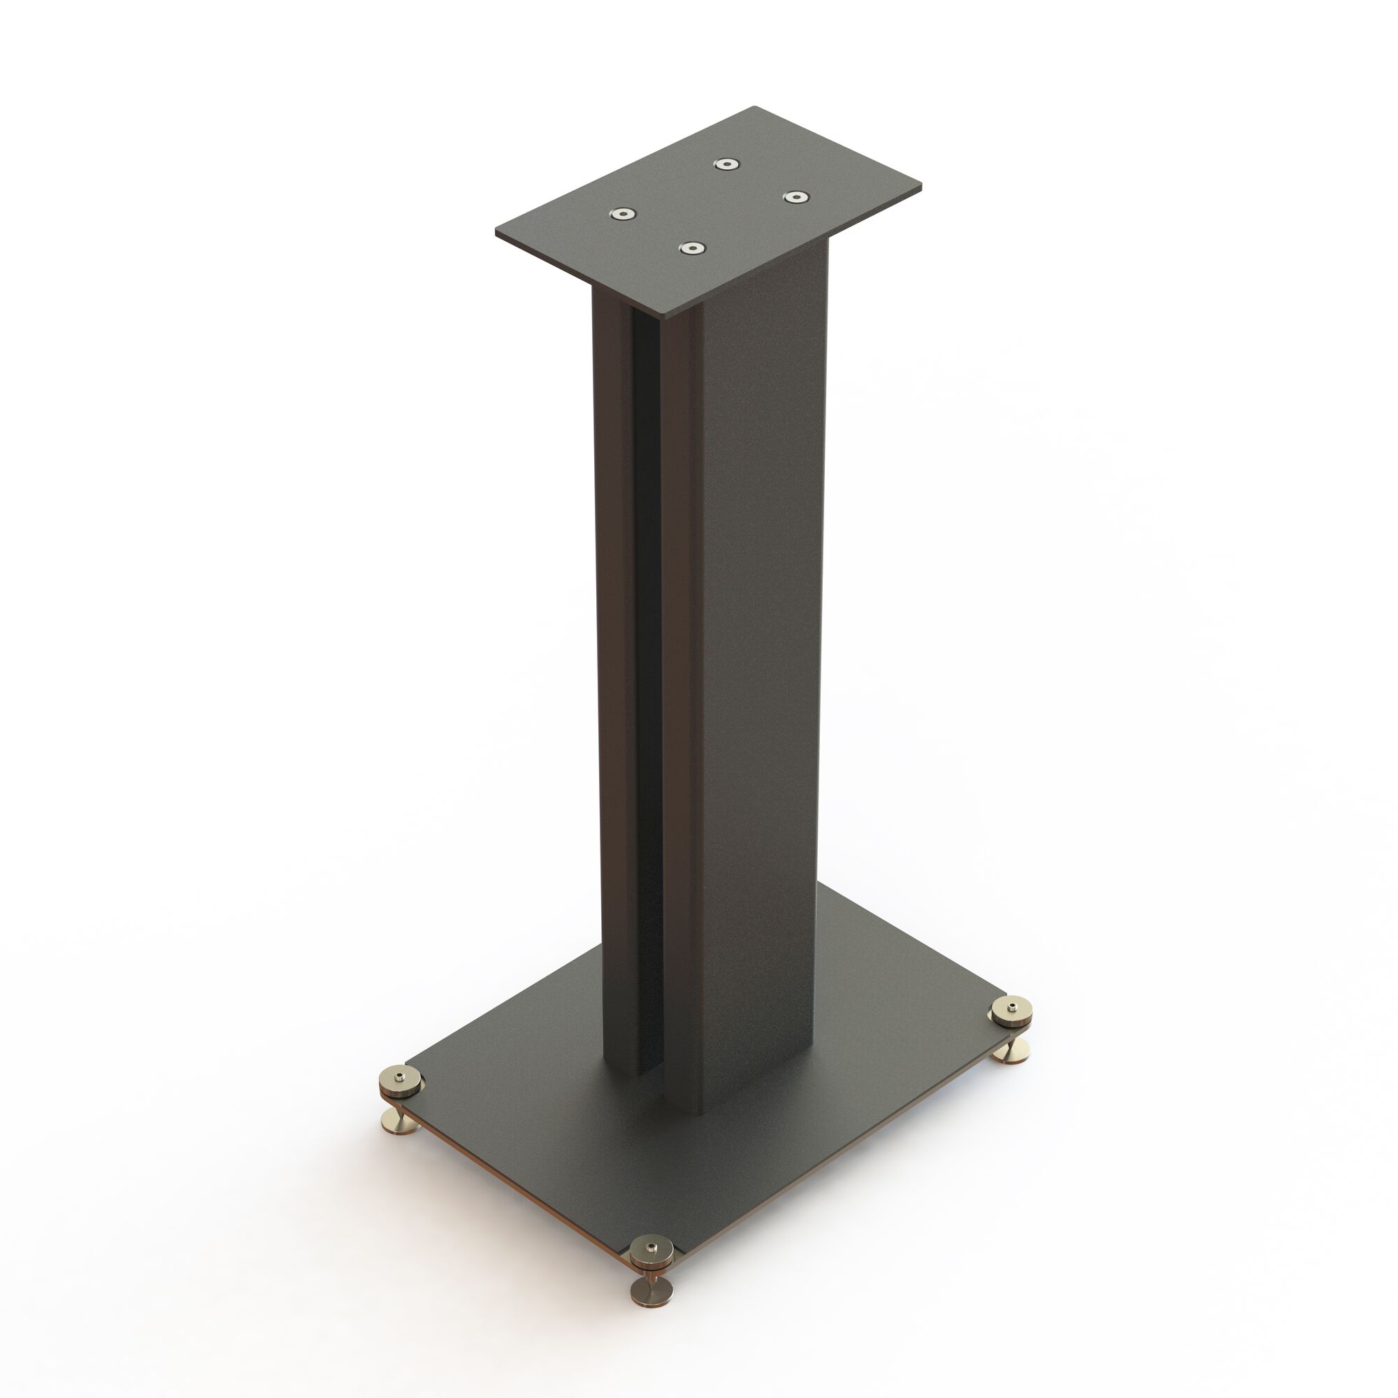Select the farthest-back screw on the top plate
point(726,164)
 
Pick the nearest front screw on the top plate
point(693,249)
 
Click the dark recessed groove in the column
point(646,651)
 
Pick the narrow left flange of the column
point(612,651)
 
